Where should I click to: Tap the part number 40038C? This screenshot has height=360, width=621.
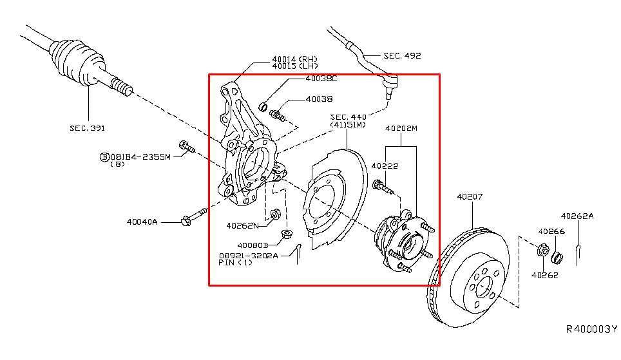pyautogui.click(x=321, y=79)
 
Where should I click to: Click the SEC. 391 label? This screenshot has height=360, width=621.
pyautogui.click(x=88, y=128)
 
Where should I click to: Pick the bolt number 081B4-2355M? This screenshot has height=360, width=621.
pyautogui.click(x=140, y=156)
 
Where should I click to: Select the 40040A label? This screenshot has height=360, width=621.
pyautogui.click(x=142, y=222)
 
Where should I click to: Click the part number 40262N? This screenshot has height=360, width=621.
pyautogui.click(x=242, y=225)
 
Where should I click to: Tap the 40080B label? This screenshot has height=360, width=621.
pyautogui.click(x=253, y=245)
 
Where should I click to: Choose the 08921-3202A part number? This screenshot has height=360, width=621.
pyautogui.click(x=248, y=255)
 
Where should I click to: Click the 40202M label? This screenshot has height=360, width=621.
pyautogui.click(x=401, y=128)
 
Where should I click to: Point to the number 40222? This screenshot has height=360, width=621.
pyautogui.click(x=385, y=166)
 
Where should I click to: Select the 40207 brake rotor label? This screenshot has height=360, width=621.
pyautogui.click(x=470, y=196)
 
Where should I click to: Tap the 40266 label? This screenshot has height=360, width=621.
pyautogui.click(x=551, y=231)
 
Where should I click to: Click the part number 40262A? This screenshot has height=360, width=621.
pyautogui.click(x=577, y=216)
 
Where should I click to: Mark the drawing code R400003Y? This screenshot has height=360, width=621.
pyautogui.click(x=591, y=329)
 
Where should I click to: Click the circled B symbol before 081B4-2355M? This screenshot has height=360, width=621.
pyautogui.click(x=104, y=156)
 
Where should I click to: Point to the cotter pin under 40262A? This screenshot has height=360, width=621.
pyautogui.click(x=578, y=247)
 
